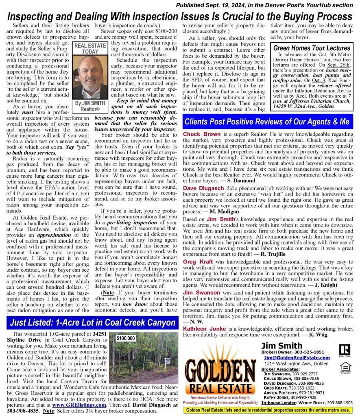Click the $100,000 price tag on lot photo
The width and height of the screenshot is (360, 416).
(x=126, y=338)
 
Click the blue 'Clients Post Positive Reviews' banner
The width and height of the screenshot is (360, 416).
(x=267, y=122)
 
